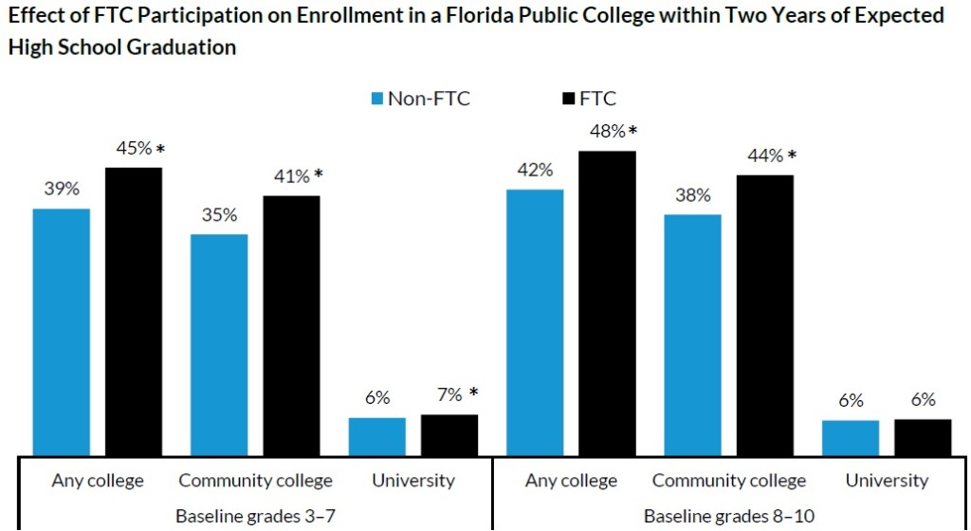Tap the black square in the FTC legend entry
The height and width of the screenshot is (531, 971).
click(x=568, y=99)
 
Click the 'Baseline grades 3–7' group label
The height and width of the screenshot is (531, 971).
click(x=255, y=516)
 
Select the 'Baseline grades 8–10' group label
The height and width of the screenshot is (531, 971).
click(x=728, y=516)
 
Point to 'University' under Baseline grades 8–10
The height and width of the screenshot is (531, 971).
click(x=887, y=480)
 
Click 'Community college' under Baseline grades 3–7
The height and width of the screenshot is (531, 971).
click(x=255, y=480)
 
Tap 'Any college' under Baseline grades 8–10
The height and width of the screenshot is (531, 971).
click(x=571, y=480)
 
